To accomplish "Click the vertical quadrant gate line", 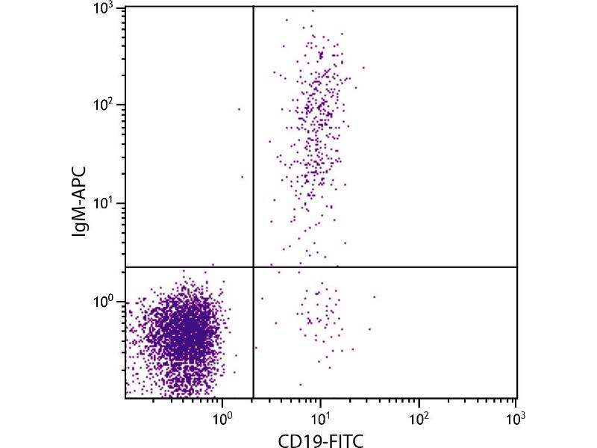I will [254, 149].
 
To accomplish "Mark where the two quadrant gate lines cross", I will [254, 267].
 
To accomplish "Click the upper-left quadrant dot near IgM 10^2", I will [240, 109].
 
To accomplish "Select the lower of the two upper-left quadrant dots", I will [242, 177].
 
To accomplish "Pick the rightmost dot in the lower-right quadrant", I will [374, 296].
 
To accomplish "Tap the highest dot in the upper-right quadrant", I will [312, 10].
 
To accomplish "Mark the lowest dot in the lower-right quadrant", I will [301, 385].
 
